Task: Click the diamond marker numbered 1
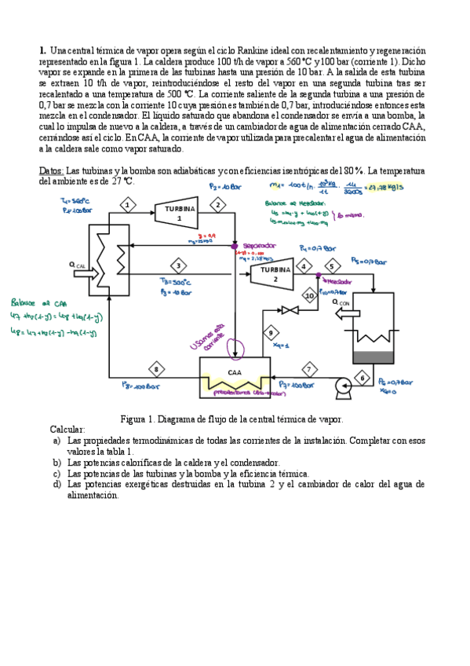[126, 205]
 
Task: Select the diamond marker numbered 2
[217, 205]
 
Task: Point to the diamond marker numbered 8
[156, 368]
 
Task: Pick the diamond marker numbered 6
[362, 377]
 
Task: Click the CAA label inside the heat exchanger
[234, 372]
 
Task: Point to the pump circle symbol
[342, 386]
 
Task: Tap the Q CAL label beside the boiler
[78, 265]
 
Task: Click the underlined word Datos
[51, 170]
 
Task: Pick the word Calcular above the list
[70, 430]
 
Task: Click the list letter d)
[56, 485]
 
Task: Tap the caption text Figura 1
[140, 419]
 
